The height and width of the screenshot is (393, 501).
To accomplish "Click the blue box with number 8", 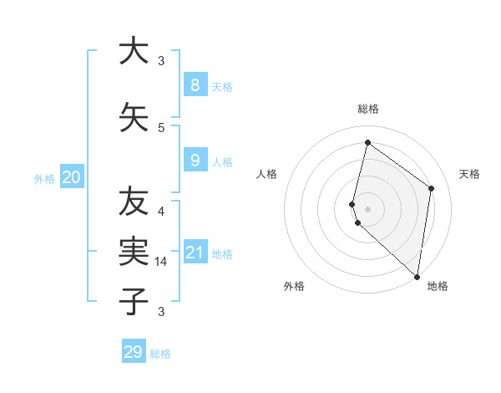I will [195, 84].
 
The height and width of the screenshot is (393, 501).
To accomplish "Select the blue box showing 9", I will [195, 161].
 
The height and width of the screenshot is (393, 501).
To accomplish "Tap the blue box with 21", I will [195, 253].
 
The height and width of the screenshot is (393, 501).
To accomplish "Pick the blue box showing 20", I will [72, 176].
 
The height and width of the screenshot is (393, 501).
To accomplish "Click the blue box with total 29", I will [134, 352].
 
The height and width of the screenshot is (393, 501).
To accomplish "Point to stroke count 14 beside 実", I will [162, 262].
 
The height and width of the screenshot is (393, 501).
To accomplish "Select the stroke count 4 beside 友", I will [161, 211].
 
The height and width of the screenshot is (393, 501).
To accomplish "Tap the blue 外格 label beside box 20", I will [44, 178].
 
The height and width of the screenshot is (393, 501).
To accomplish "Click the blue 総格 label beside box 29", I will [161, 354].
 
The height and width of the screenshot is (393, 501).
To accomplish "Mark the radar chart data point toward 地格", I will [417, 277].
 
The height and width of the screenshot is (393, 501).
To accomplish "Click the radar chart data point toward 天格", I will [432, 188].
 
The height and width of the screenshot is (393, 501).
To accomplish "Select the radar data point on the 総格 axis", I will [367, 142].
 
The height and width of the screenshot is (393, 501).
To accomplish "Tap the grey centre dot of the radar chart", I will [367, 208].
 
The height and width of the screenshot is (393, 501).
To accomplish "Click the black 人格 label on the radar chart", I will [266, 174].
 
